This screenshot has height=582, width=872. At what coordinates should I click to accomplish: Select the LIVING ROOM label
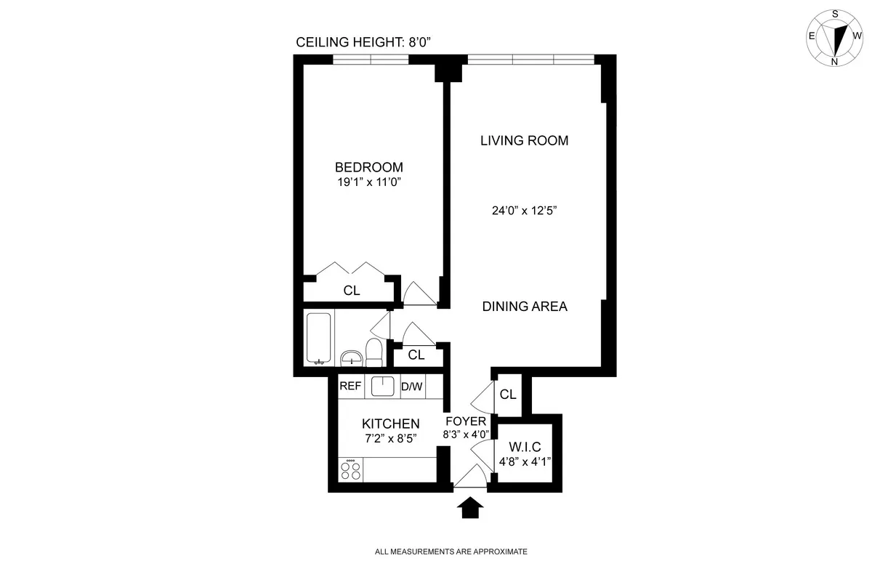pos(524,140)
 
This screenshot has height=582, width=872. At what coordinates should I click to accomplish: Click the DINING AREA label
pos(525,306)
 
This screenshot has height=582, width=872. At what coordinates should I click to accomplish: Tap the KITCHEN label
pos(391,424)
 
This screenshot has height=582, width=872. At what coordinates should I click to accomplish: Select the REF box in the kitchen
pos(350,387)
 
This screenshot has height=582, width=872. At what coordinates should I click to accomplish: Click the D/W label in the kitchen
pos(412,387)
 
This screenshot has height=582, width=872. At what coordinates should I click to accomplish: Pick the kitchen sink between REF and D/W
pos(382,387)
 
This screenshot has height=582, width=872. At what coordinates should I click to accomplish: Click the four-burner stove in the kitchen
pos(351,469)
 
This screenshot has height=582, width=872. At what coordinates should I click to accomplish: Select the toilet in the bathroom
pos(374,353)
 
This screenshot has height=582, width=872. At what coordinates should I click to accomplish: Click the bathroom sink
pos(352,358)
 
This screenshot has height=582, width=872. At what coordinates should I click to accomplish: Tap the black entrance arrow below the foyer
pos(472,506)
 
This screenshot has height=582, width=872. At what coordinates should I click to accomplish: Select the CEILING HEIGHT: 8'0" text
pos(364,42)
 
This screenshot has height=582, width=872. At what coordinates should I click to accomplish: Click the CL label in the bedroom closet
pos(352,291)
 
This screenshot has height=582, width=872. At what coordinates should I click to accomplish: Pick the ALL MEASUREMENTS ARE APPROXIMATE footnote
pos(451,551)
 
